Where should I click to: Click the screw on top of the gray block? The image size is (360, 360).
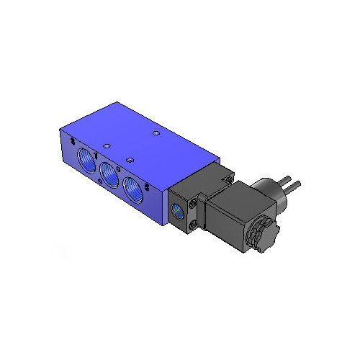point(224,172)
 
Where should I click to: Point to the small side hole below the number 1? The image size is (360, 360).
point(97,158)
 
